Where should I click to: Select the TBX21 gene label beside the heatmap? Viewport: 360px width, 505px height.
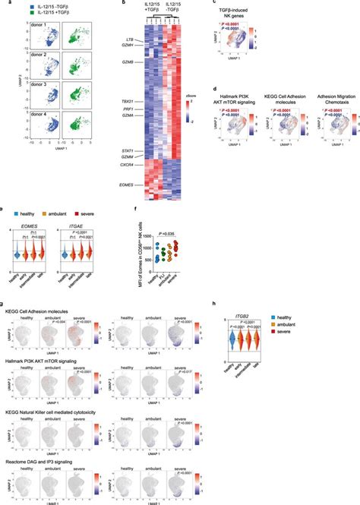pos(116,99)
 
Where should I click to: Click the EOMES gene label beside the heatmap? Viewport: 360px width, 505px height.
pos(116,183)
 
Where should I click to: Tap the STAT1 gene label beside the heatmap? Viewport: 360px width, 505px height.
pos(116,151)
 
